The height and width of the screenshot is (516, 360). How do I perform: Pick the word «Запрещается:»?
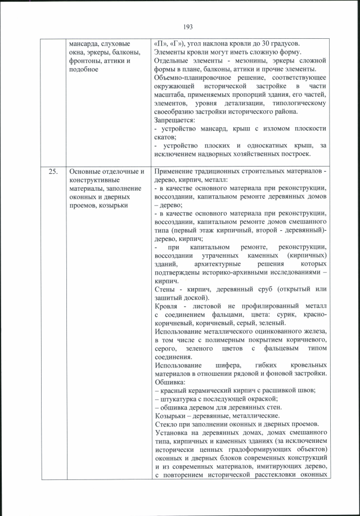coord(174,120)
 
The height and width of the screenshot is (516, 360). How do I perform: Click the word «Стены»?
coord(164,289)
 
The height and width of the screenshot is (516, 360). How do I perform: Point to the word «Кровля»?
coord(166,306)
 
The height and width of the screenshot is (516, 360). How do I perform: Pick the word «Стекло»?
coord(166,424)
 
